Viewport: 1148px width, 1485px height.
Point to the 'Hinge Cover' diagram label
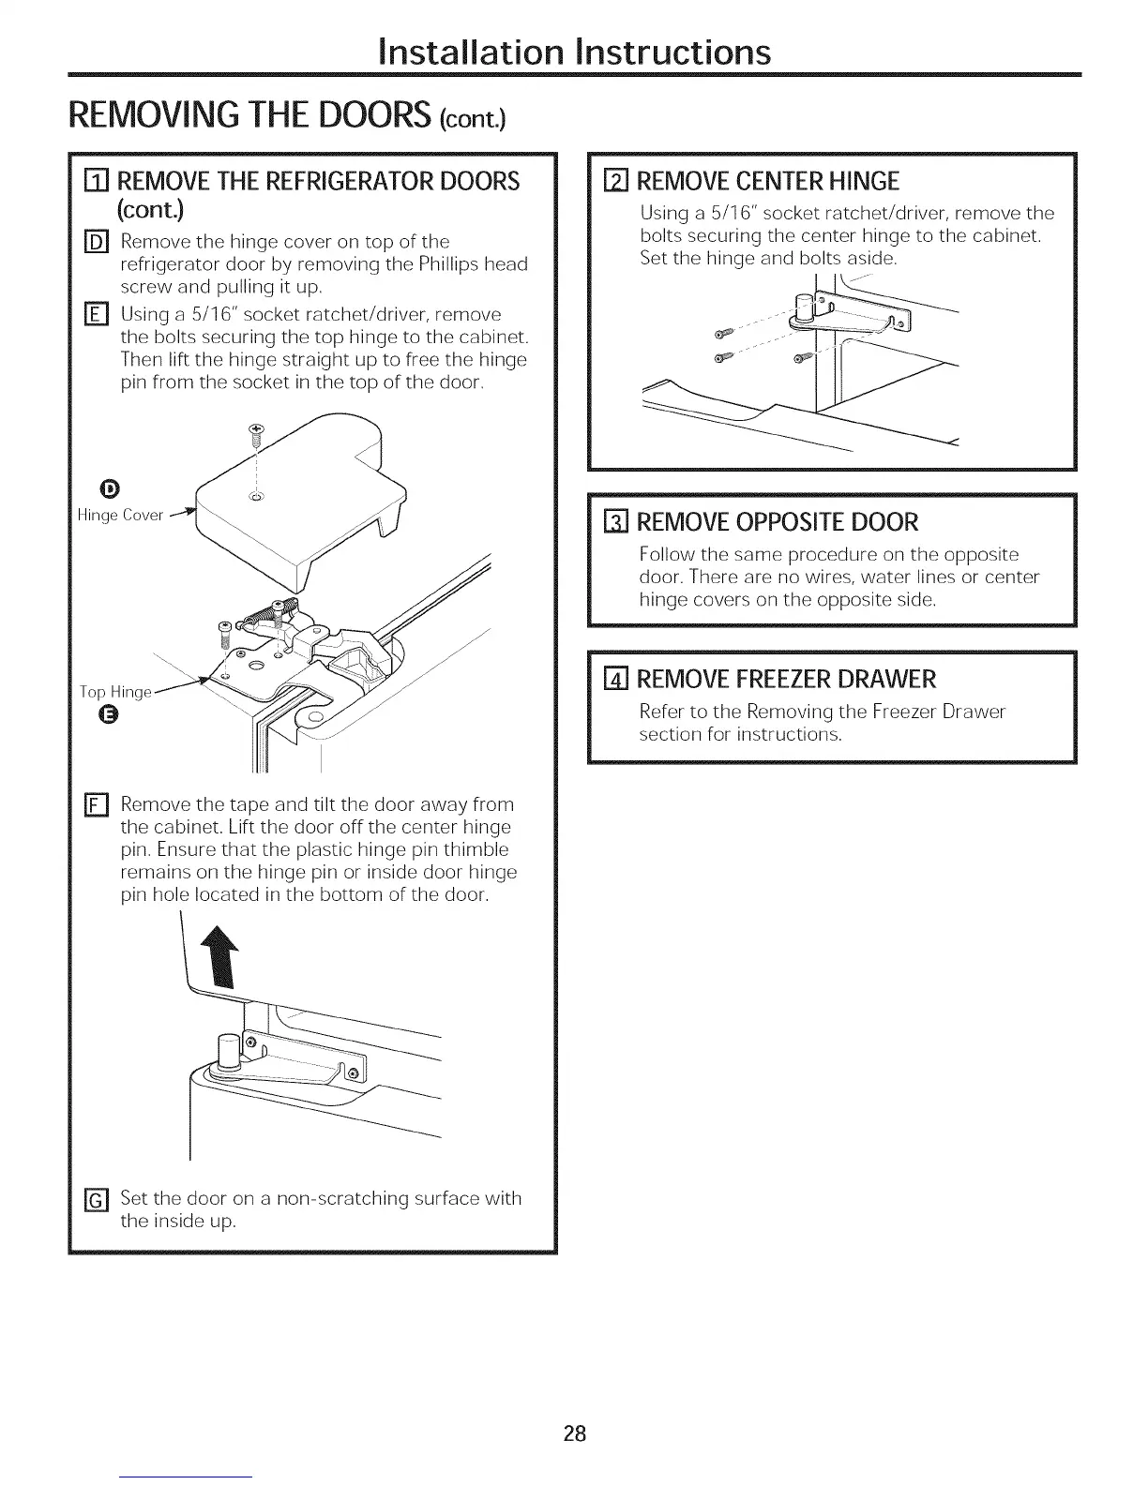[x=121, y=515]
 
